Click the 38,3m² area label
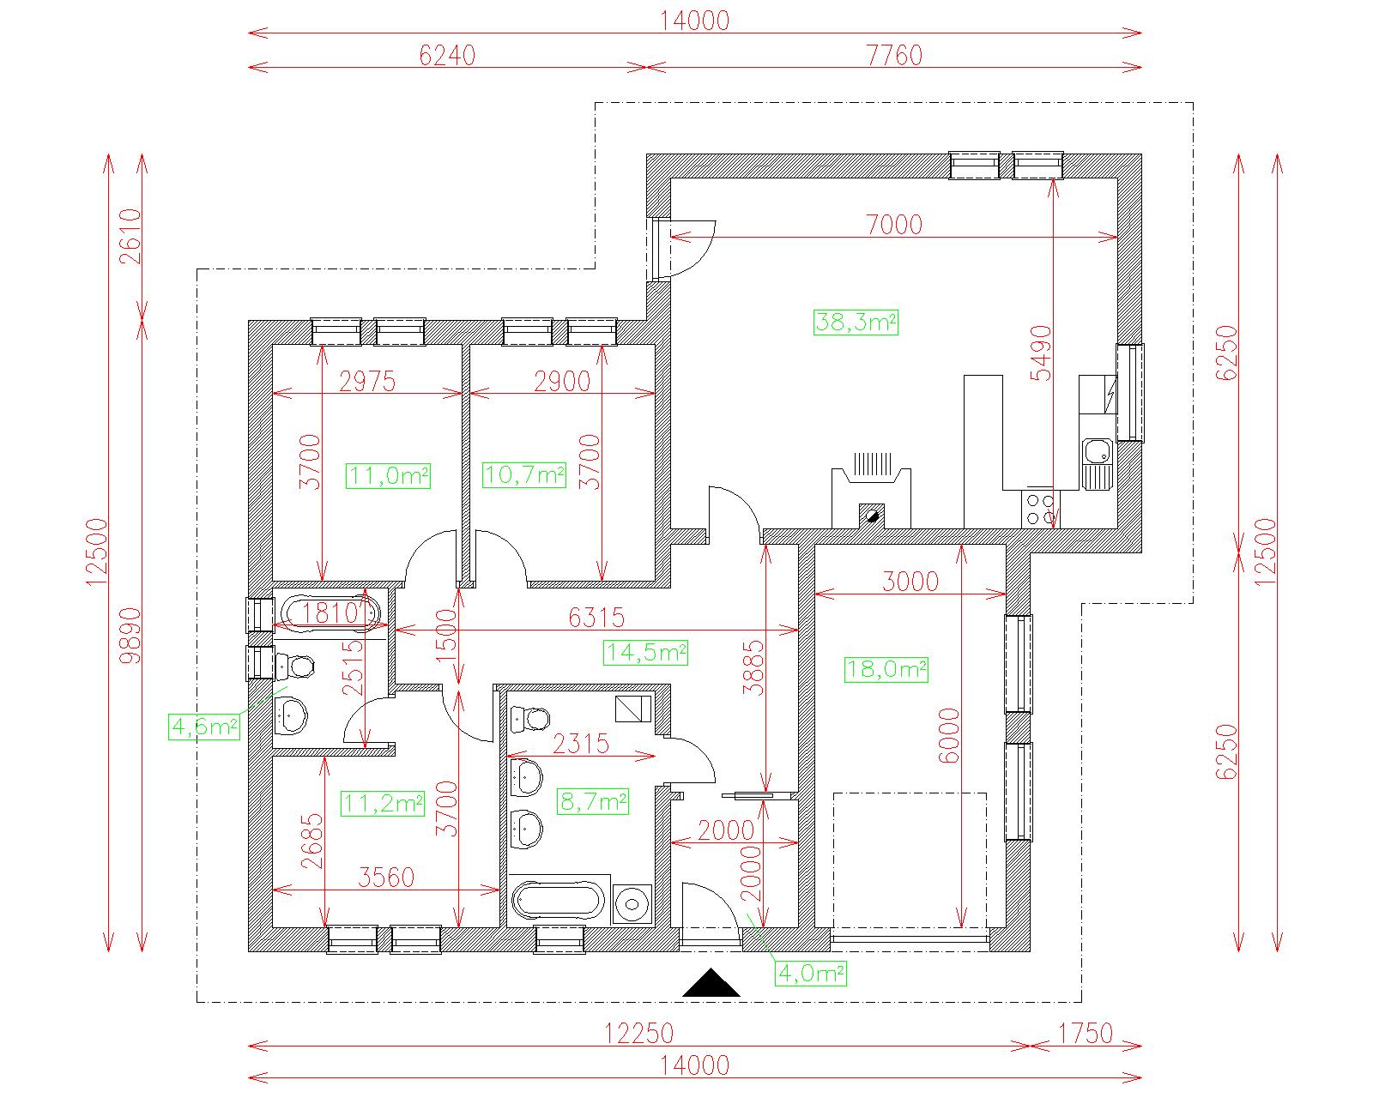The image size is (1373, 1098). pyautogui.click(x=856, y=323)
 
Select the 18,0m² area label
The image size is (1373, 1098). pyautogui.click(x=886, y=669)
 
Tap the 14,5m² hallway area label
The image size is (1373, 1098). pyautogui.click(x=645, y=653)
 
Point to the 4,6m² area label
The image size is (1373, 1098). pyautogui.click(x=204, y=727)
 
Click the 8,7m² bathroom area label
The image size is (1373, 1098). pyautogui.click(x=593, y=800)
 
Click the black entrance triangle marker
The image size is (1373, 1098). pyautogui.click(x=711, y=982)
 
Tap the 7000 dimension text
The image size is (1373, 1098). pyautogui.click(x=894, y=225)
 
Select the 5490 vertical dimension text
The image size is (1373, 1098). pyautogui.click(x=1041, y=353)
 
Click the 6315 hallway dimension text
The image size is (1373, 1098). pyautogui.click(x=596, y=617)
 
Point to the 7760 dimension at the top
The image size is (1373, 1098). pyautogui.click(x=894, y=56)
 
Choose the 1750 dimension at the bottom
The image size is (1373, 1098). pyautogui.click(x=1086, y=1033)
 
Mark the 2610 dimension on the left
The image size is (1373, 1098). pyautogui.click(x=130, y=236)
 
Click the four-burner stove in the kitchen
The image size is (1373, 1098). pyautogui.click(x=1040, y=509)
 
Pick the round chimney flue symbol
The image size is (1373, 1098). pyautogui.click(x=872, y=515)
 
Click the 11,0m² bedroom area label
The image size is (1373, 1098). pyautogui.click(x=388, y=475)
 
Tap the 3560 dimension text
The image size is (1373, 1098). pyautogui.click(x=386, y=878)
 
